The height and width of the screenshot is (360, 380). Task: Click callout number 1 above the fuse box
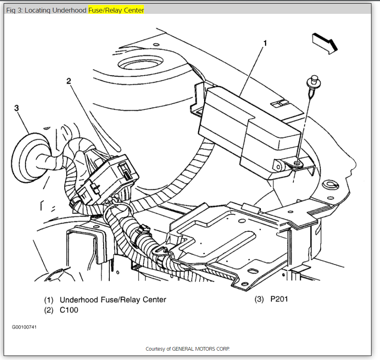[265, 43]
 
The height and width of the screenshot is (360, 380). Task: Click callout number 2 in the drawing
[69, 81]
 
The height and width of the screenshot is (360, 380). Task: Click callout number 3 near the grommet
[17, 108]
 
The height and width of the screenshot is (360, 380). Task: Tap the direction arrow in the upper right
[325, 42]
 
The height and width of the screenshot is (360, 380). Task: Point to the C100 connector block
[110, 177]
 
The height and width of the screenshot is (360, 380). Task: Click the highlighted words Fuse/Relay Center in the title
[116, 10]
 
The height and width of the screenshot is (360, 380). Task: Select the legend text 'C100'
[69, 310]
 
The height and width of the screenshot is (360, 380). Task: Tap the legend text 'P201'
[279, 299]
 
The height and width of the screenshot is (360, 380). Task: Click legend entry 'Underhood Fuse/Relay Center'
[113, 300]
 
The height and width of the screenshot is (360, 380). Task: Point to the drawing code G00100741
[24, 327]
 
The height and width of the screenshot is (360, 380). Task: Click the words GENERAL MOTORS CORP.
[201, 349]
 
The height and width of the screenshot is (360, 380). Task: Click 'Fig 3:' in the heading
[14, 10]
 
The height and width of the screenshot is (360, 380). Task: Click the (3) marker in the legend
[259, 299]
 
